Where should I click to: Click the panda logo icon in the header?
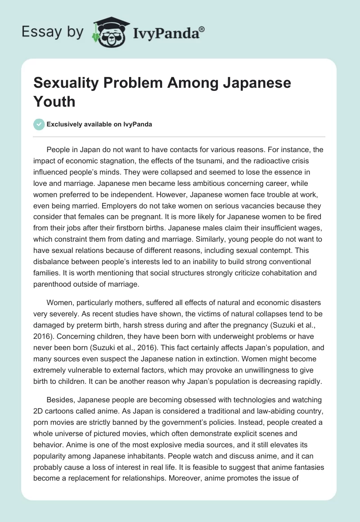tap(109, 32)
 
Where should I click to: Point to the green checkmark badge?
tap(39, 125)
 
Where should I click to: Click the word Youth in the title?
tap(54, 101)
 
